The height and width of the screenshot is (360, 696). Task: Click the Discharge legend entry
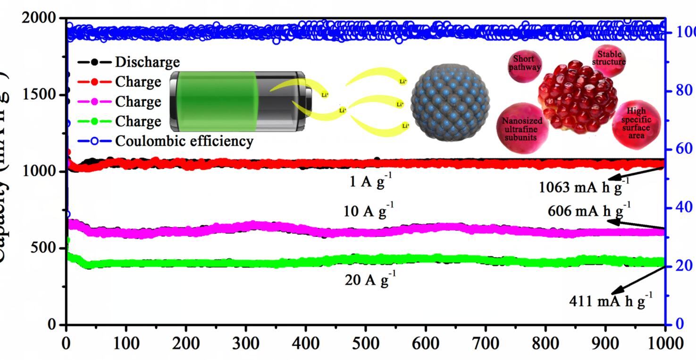click(147, 62)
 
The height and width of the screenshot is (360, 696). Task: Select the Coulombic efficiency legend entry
click(184, 141)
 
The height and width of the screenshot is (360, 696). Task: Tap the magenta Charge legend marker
click(94, 102)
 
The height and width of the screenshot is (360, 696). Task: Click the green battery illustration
click(238, 101)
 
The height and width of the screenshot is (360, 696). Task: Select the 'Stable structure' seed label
click(609, 58)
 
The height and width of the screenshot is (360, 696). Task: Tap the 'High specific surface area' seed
click(636, 122)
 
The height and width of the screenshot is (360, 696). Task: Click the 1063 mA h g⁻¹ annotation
click(584, 187)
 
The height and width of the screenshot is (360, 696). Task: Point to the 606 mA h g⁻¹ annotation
click(588, 210)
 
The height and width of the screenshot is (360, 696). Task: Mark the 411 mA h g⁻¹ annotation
click(612, 300)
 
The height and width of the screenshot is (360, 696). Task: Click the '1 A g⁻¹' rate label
click(370, 182)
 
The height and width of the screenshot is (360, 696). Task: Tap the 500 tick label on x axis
click(365, 343)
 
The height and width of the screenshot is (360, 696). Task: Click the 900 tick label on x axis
click(605, 343)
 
